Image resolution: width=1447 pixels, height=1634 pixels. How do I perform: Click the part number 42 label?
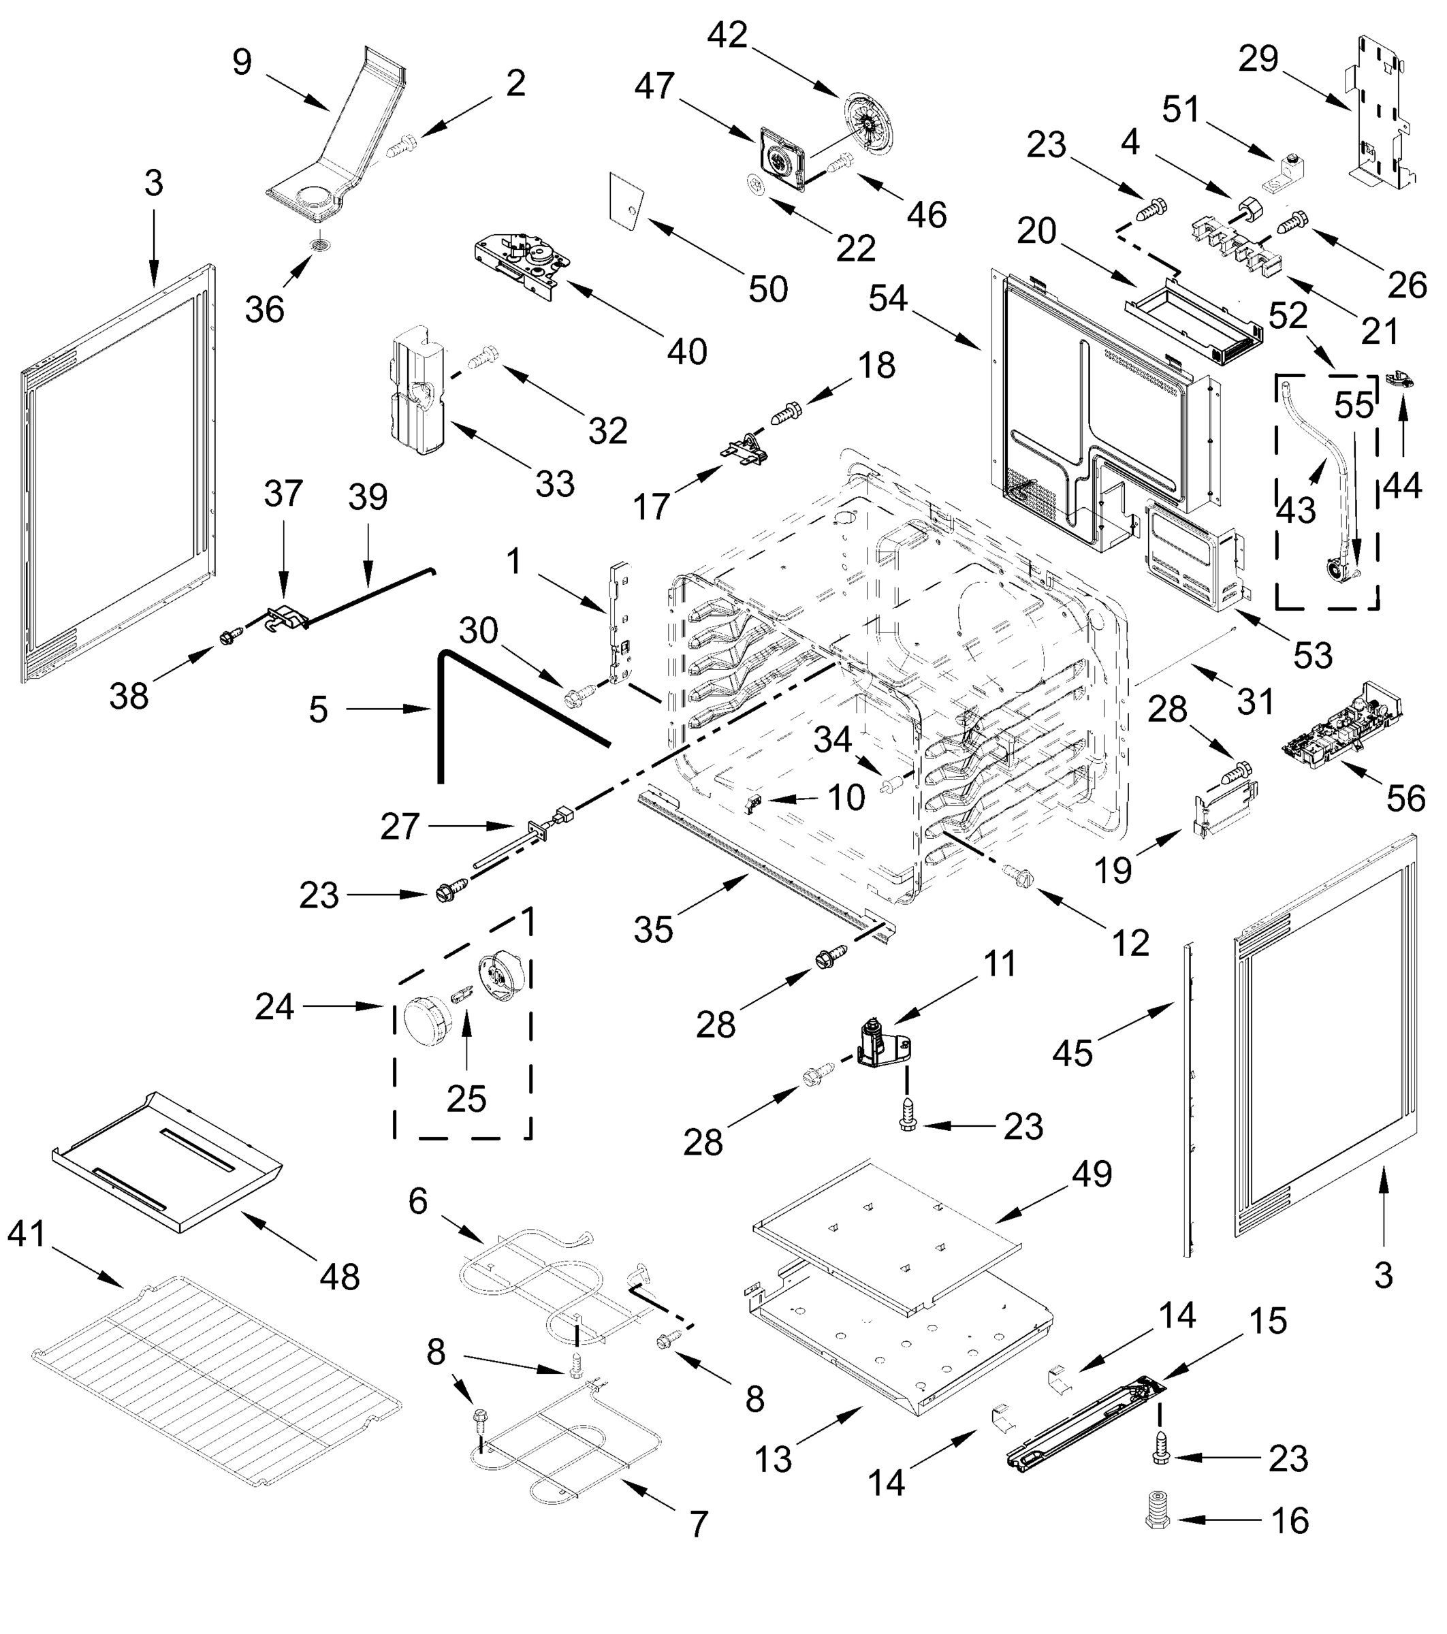(727, 36)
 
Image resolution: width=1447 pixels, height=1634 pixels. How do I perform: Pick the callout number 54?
(888, 299)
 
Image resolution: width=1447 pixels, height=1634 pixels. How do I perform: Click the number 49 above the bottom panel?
(1092, 1174)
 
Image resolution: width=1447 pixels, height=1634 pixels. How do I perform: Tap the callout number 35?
(653, 930)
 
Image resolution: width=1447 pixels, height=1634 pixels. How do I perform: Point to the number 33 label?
(555, 483)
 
